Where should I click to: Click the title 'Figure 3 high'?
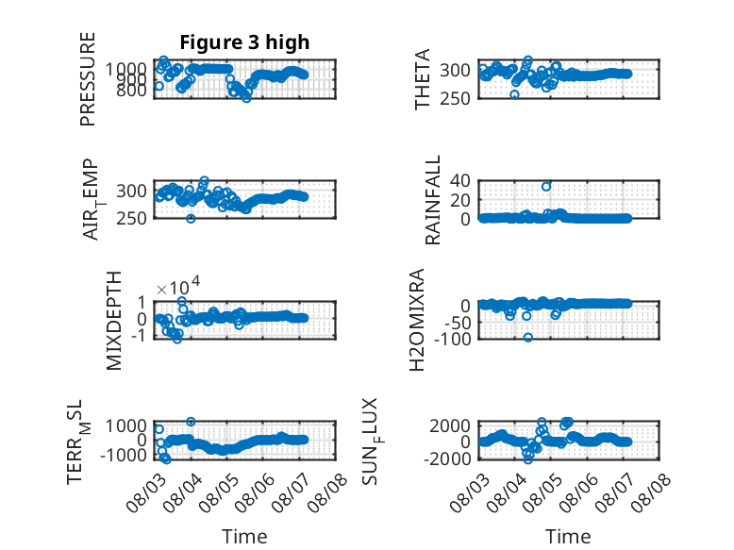click(244, 42)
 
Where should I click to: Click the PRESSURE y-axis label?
click(88, 79)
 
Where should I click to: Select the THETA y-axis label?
click(423, 79)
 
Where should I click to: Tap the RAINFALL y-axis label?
click(433, 200)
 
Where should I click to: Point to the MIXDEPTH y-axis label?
click(114, 321)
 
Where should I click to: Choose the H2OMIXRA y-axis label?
click(417, 320)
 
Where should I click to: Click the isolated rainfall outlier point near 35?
click(546, 186)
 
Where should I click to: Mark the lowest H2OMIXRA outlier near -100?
click(528, 337)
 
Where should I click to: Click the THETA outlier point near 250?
click(514, 94)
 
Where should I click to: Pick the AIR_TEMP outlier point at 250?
click(191, 218)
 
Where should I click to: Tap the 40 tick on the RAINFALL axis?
click(460, 180)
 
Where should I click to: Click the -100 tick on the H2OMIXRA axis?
click(452, 339)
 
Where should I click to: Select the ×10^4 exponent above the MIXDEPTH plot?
click(178, 286)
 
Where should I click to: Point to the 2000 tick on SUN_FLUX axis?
click(450, 425)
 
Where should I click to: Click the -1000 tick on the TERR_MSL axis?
click(124, 455)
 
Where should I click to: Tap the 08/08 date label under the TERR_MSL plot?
click(328, 492)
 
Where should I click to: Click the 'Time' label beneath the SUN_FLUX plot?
click(568, 536)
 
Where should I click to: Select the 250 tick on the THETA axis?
click(456, 99)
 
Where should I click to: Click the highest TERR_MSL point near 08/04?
click(191, 422)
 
